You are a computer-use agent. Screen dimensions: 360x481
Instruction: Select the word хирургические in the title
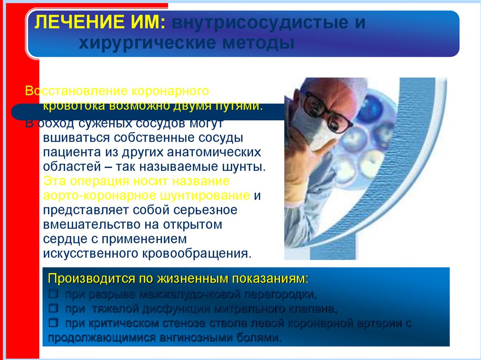140,44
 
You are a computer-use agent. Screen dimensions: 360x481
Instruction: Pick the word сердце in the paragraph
63,239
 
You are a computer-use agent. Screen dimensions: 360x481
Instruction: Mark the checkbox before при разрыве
54,295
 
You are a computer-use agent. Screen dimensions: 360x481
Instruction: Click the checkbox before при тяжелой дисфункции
54,309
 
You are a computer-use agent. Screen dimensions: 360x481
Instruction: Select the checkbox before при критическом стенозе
54,323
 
